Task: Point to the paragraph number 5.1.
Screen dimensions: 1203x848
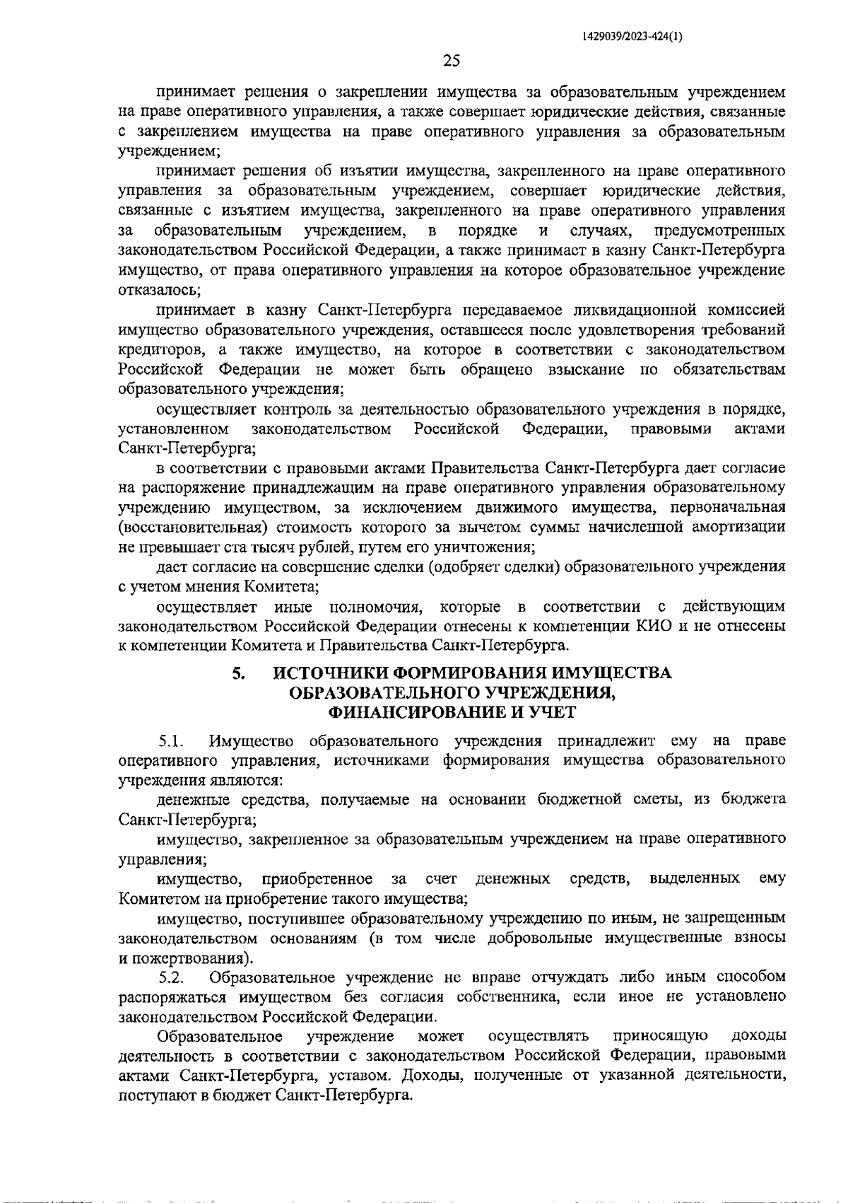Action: click(172, 741)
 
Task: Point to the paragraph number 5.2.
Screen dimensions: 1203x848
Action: click(172, 978)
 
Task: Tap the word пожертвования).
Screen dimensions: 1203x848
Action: click(192, 958)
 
